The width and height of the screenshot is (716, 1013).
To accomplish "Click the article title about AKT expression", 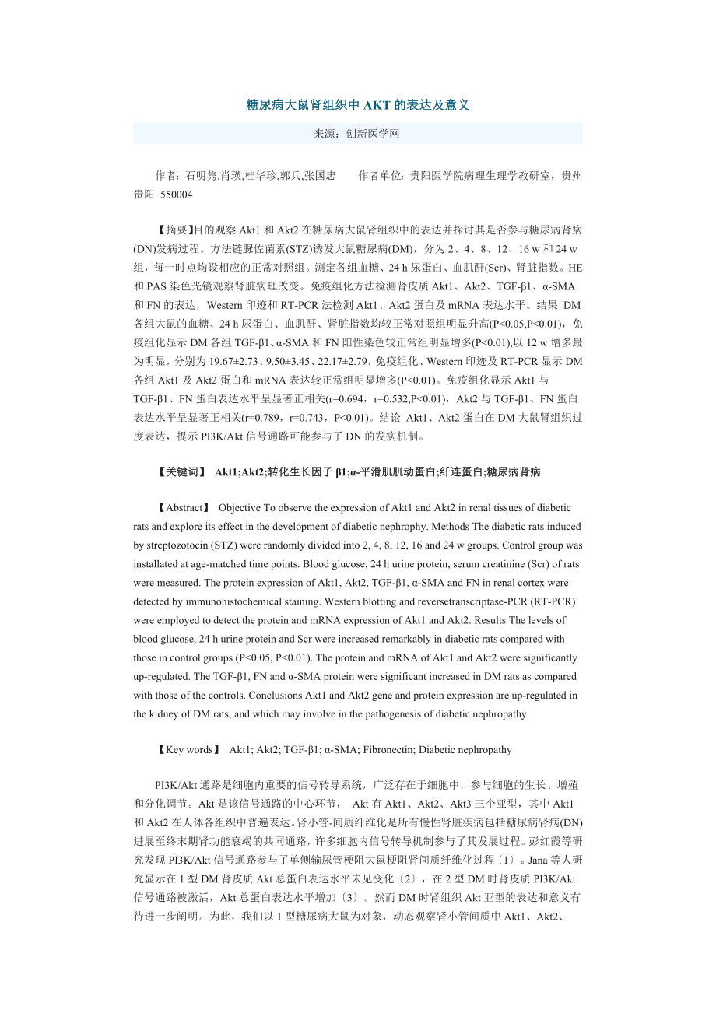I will tap(358, 105).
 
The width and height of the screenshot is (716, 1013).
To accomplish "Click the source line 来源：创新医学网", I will tap(357, 134).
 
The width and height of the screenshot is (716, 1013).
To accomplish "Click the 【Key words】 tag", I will tap(188, 750).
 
